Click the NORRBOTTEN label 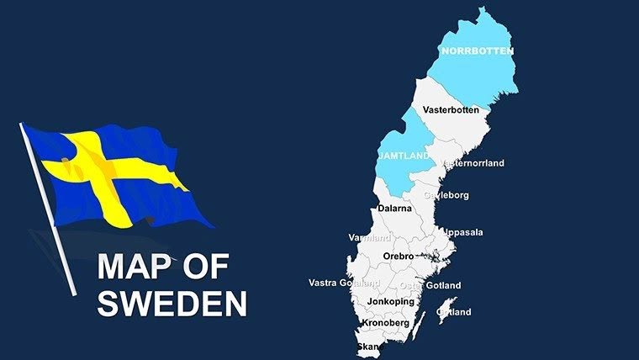[477, 51]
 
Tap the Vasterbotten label [451, 110]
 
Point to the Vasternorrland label [472, 163]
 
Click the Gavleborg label [446, 195]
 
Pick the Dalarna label [393, 207]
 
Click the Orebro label [398, 256]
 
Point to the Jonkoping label [391, 301]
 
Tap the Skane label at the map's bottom [371, 346]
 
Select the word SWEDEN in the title [172, 303]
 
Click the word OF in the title [208, 267]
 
